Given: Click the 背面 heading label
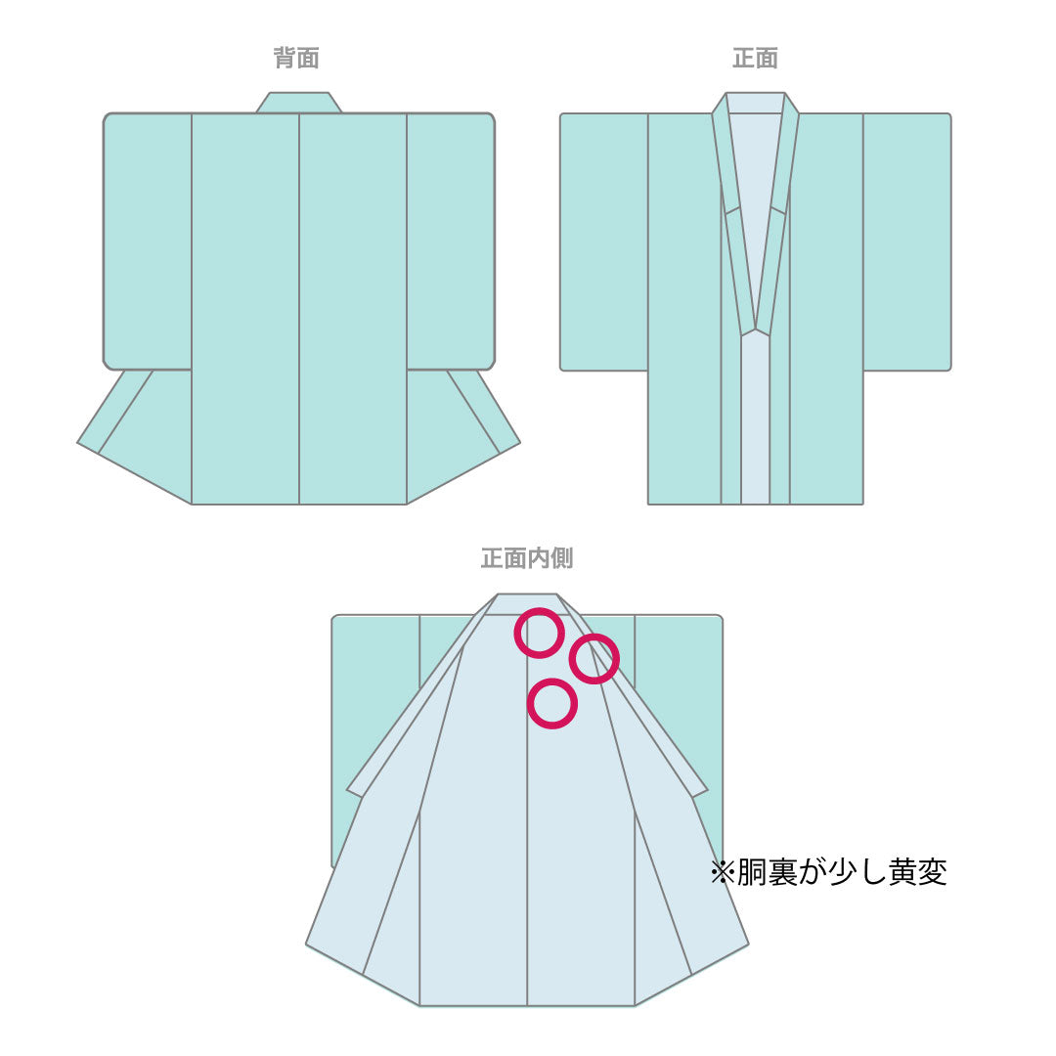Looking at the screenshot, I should tap(296, 59).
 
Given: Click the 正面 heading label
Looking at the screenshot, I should tap(755, 59).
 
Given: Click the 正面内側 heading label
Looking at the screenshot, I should tap(527, 558).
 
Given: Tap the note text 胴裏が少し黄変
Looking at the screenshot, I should tap(840, 872).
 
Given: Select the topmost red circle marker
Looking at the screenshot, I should tap(540, 633).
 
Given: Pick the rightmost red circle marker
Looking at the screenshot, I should tap(594, 659).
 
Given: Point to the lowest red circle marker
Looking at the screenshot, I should tap(552, 704).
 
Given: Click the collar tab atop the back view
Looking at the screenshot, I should tap(299, 103).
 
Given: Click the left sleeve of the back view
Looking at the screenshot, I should tap(148, 240).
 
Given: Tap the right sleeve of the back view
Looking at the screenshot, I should tap(450, 240).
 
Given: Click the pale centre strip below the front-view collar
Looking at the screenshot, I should tap(755, 420).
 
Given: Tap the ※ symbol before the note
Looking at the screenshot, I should tap(722, 872).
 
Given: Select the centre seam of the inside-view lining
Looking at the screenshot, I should tap(527, 860).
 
